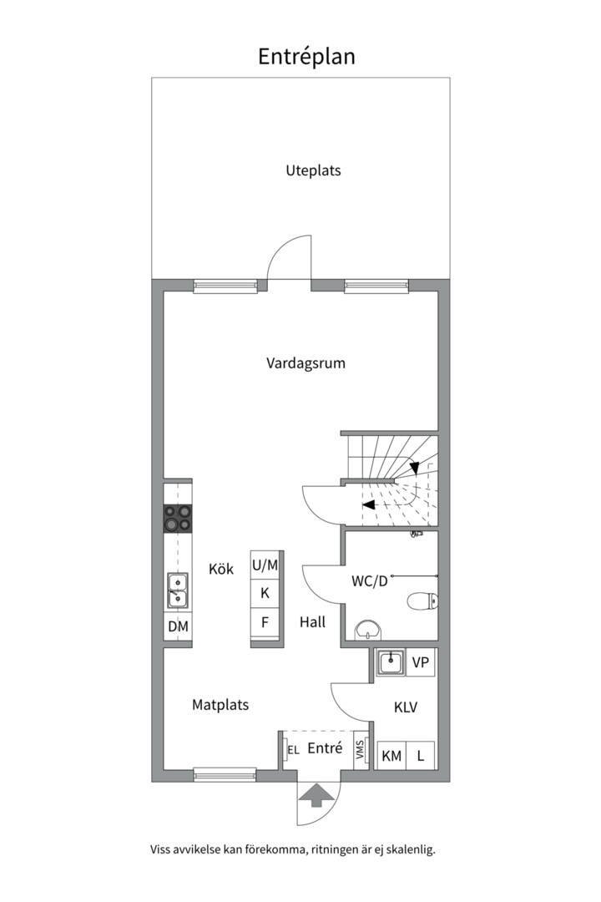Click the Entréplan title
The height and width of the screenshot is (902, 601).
pos(306,57)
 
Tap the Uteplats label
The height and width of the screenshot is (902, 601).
pos(314,171)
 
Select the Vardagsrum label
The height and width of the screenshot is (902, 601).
pos(306,363)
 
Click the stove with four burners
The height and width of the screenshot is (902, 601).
pos(178,519)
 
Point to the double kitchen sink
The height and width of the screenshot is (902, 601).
pos(178,590)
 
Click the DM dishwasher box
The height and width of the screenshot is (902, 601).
pos(178,626)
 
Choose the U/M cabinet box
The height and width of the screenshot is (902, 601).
pos(265,565)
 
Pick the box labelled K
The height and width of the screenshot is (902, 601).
pos(265,593)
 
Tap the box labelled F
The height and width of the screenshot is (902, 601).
pos(265,622)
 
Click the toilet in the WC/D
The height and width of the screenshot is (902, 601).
pos(421,601)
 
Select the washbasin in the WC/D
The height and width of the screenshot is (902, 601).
pos(368,630)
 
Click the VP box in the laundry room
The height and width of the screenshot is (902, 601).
pos(421,662)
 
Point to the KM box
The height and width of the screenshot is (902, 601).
pos(391,755)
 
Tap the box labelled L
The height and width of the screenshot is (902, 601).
pos(421,755)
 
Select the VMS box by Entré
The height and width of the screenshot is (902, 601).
pos(361,749)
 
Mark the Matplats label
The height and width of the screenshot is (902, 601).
pos(220,705)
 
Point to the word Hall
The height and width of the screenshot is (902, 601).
pos(312,622)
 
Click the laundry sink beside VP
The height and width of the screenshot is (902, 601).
pos(391,662)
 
